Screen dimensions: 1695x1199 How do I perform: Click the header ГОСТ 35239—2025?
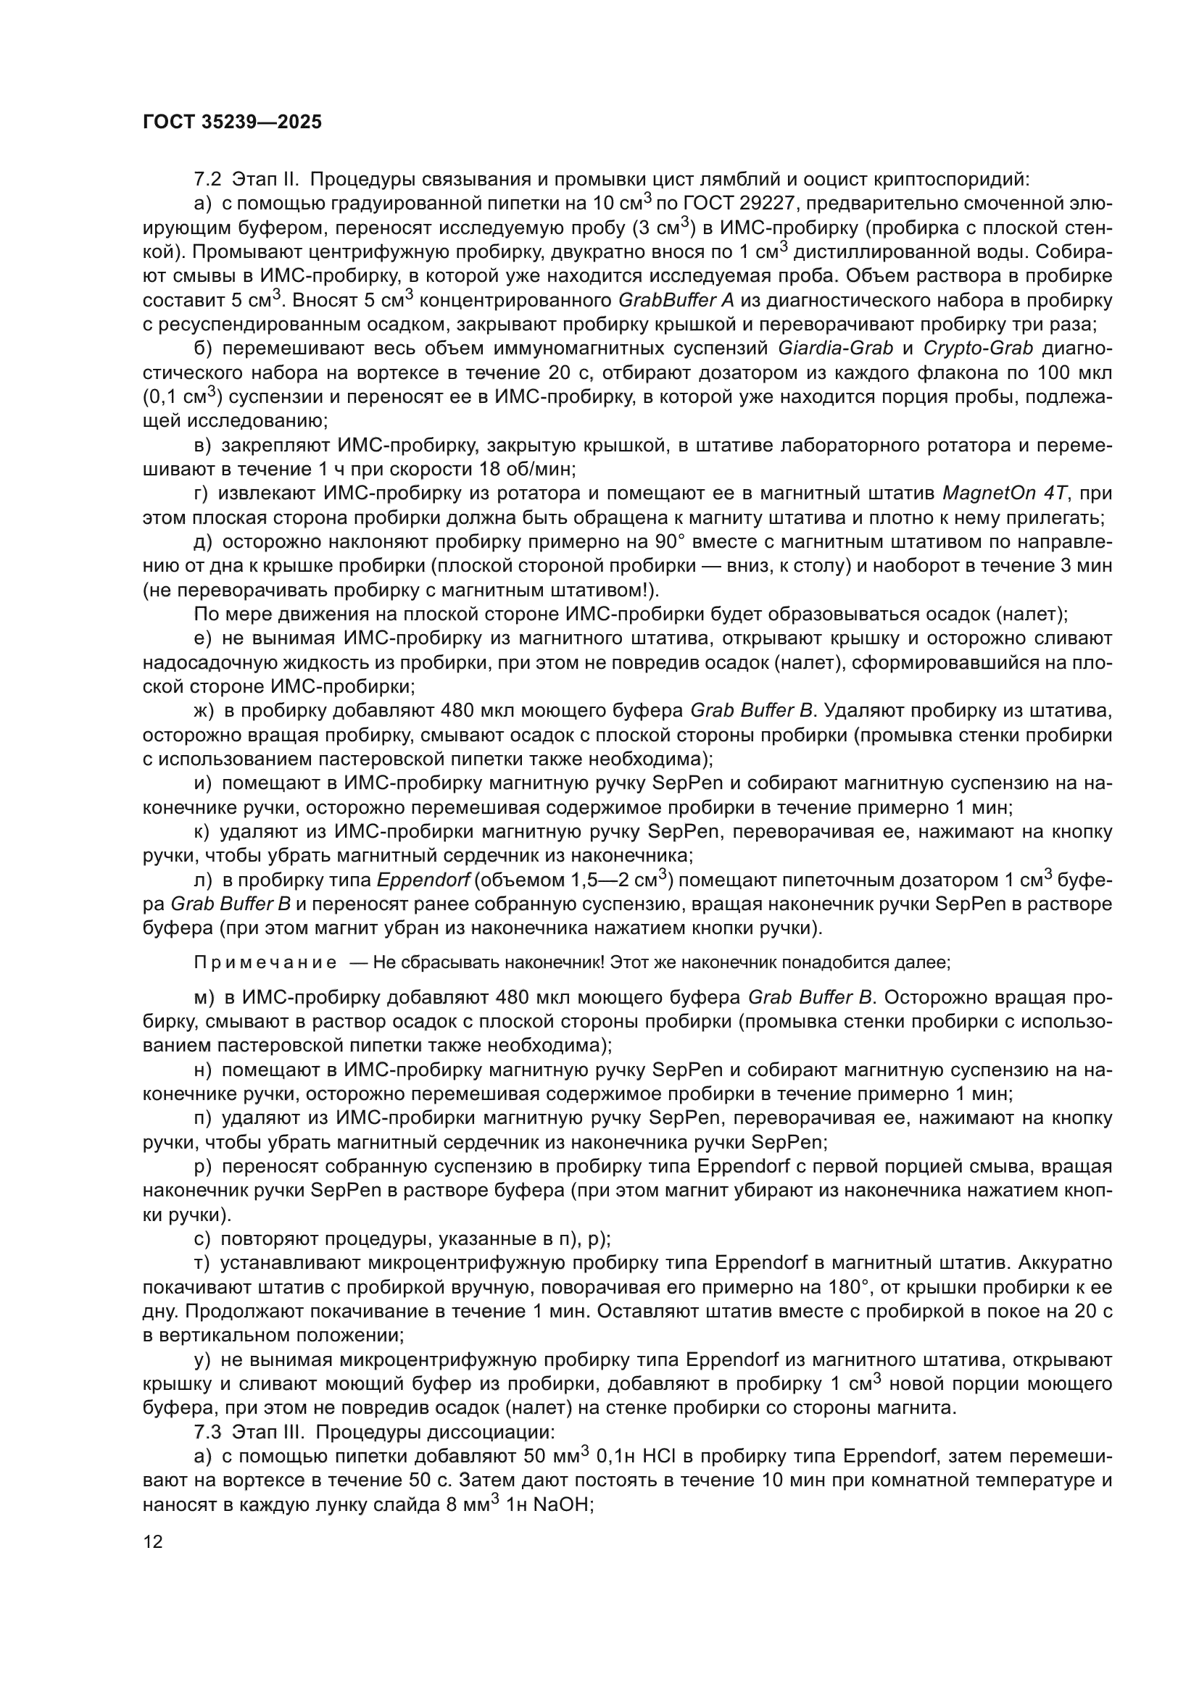click(x=233, y=122)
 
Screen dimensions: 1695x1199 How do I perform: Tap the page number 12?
click(x=153, y=1541)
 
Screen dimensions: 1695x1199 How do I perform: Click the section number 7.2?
click(x=207, y=180)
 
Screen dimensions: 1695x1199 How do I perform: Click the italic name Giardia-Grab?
click(x=835, y=349)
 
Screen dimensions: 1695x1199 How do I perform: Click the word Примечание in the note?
click(x=265, y=963)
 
